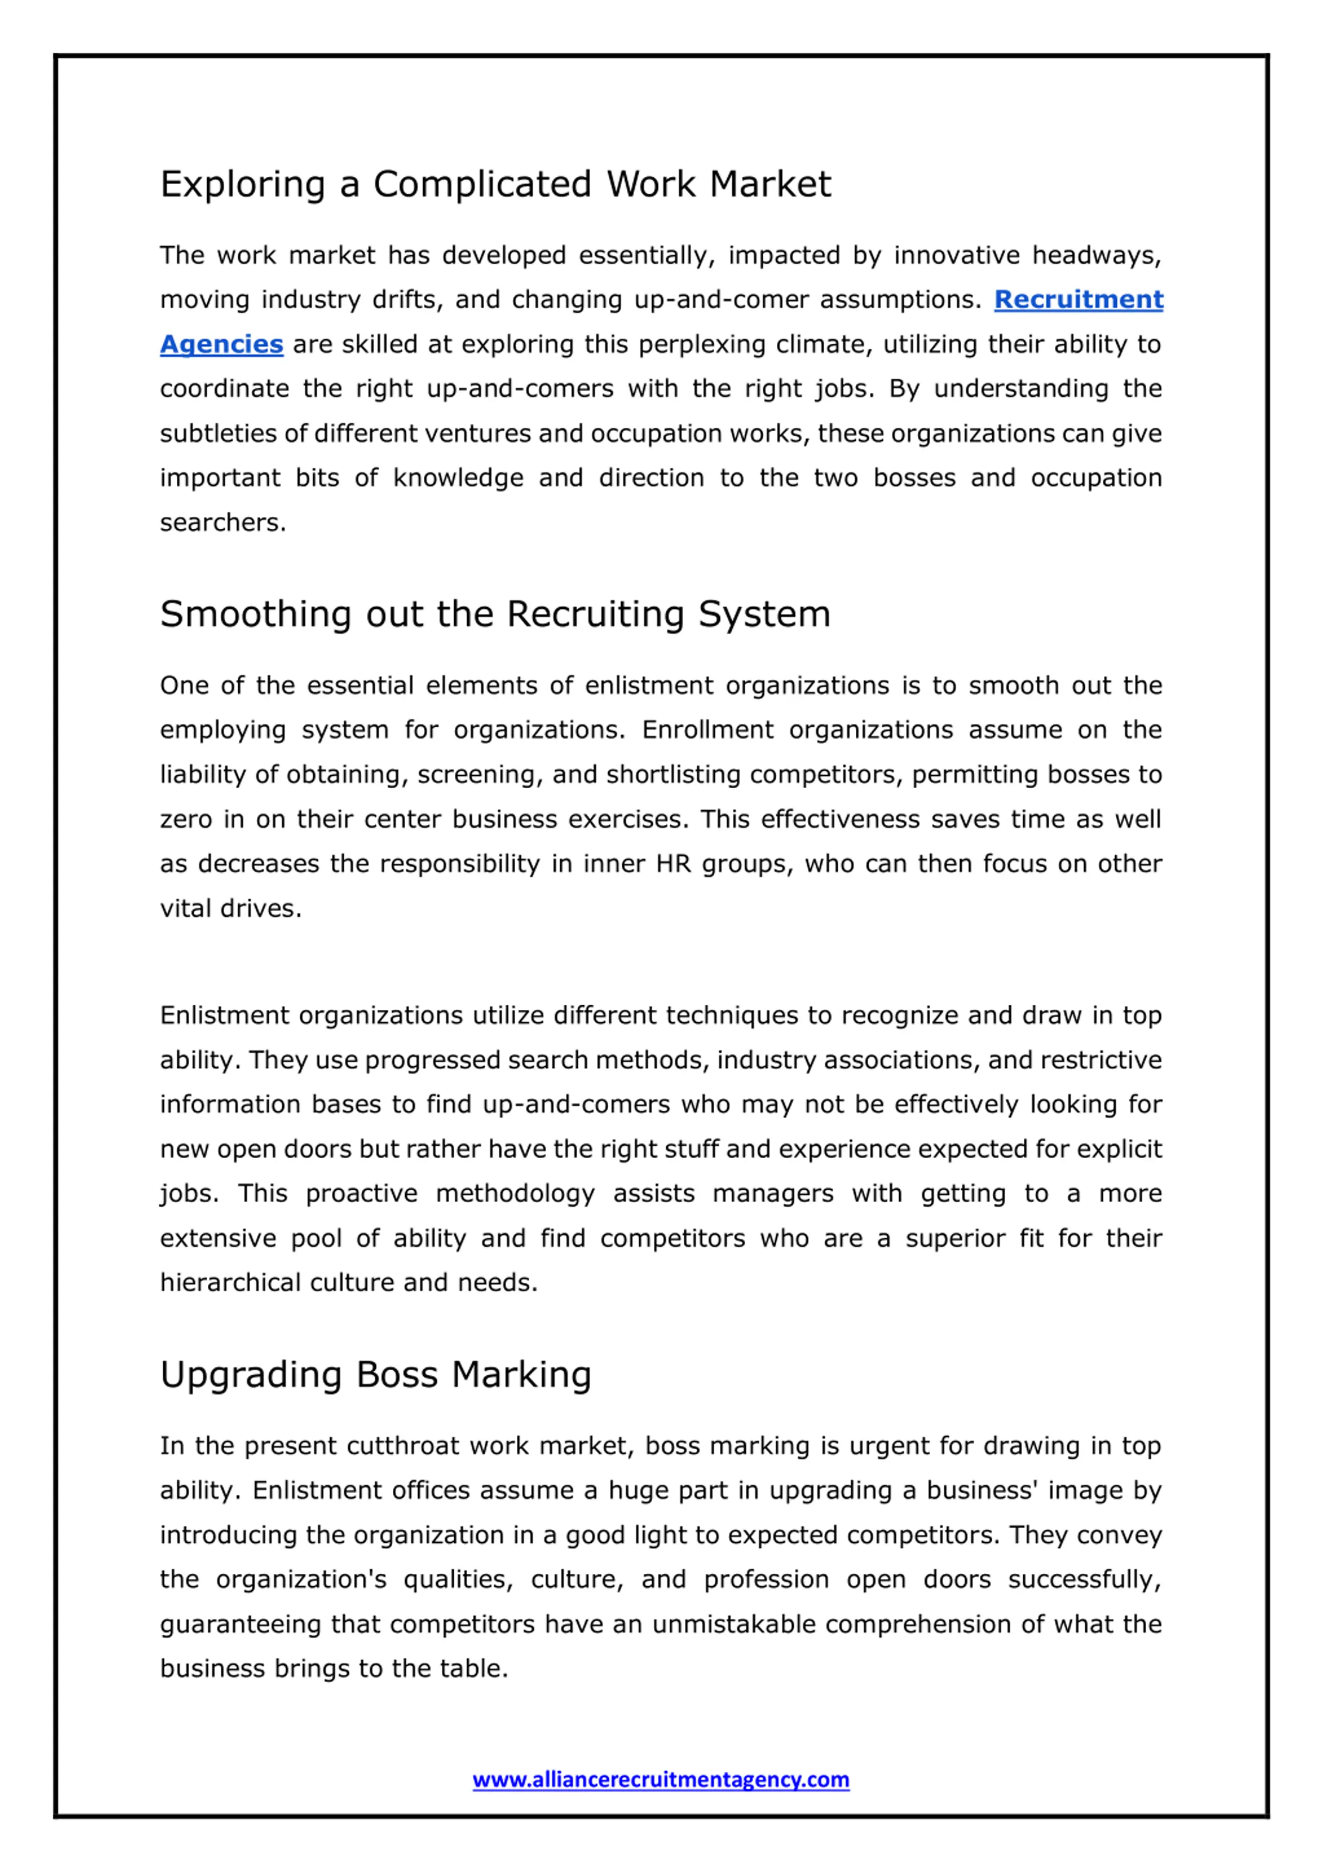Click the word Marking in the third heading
pos(521,1375)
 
